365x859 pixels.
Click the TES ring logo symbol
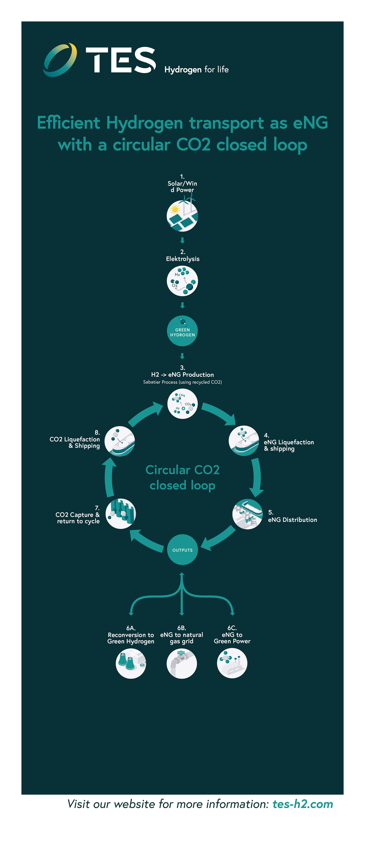60,60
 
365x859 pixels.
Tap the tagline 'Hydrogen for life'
196,69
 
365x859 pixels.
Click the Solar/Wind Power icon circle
182,216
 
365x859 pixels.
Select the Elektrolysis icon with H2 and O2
182,281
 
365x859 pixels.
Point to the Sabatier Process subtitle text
182,382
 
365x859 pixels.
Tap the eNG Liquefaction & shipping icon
244,441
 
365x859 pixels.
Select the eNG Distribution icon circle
247,514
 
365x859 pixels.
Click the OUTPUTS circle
182,550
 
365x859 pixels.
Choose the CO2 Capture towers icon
121,514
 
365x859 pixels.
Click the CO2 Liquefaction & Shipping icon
120,441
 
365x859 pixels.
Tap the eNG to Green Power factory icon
232,663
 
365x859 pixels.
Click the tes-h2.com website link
303,804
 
